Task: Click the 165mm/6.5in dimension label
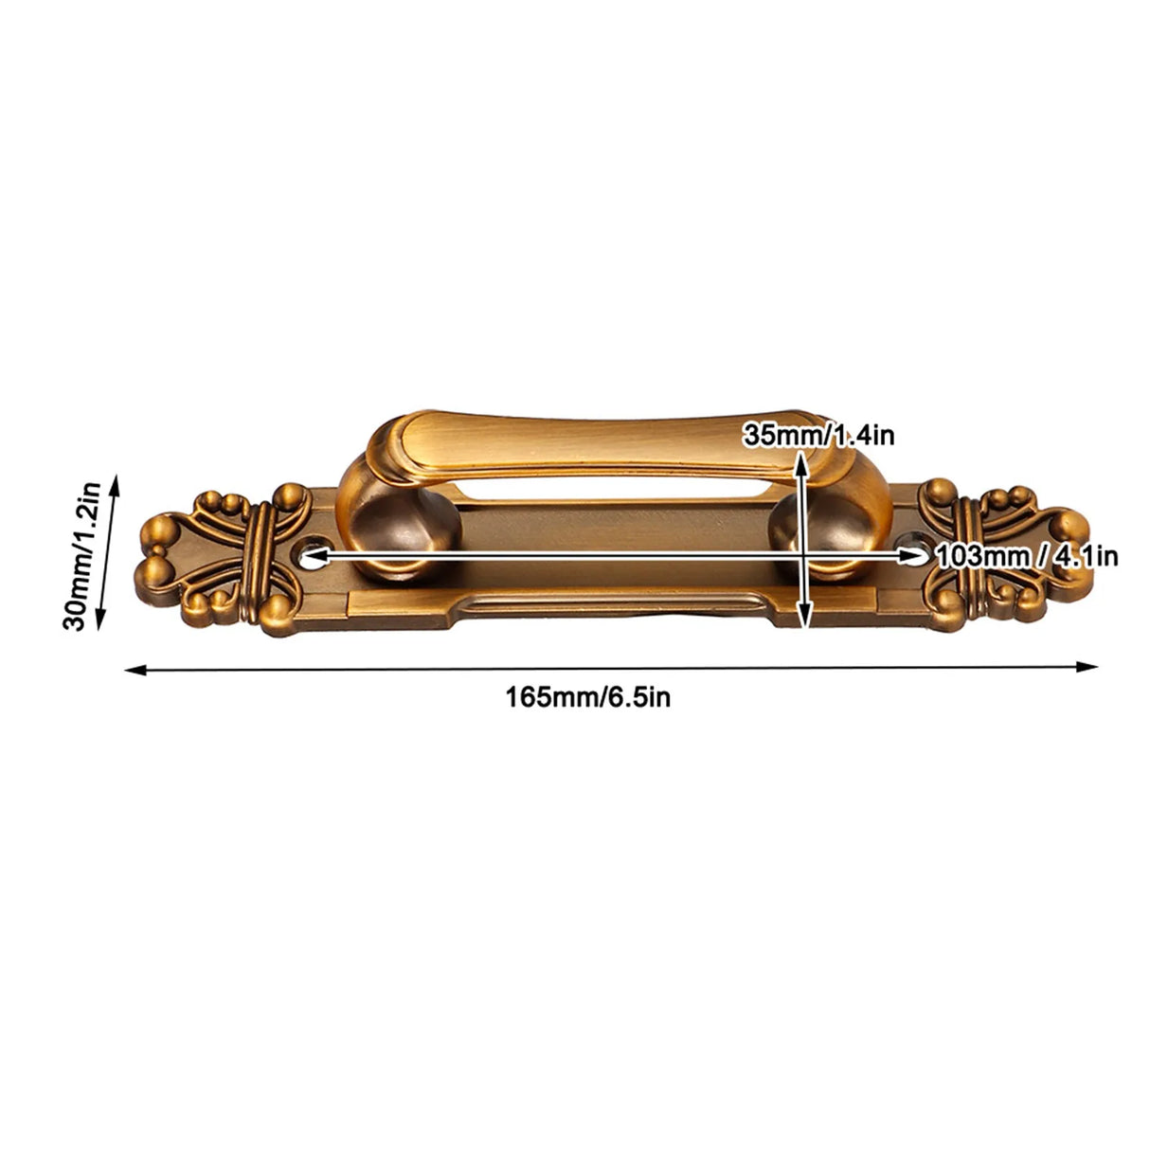588,698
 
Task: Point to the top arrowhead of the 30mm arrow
116,482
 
